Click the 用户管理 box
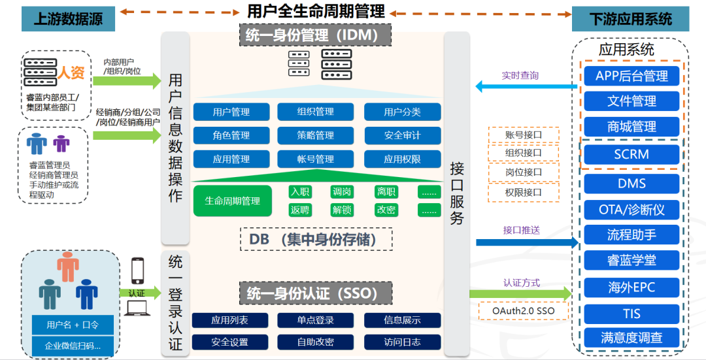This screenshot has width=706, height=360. (231, 112)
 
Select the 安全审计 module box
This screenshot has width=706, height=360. (402, 135)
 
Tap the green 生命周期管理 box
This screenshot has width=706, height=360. (232, 201)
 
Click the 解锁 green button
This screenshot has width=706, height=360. (342, 210)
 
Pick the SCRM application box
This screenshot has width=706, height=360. (631, 154)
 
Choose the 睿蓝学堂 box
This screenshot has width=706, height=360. (631, 260)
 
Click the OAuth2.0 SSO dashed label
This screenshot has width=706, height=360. (524, 310)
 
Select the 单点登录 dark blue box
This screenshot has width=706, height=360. (316, 320)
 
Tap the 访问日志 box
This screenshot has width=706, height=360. (402, 342)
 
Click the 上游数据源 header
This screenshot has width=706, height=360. (68, 19)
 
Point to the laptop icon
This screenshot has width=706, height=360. (138, 308)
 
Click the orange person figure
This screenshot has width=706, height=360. (67, 265)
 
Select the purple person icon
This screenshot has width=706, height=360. (61, 143)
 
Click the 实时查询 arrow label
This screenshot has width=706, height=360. (520, 76)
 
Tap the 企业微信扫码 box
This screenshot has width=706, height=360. (71, 345)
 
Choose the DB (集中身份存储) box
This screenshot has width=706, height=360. (316, 239)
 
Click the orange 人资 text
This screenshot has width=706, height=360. (71, 73)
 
